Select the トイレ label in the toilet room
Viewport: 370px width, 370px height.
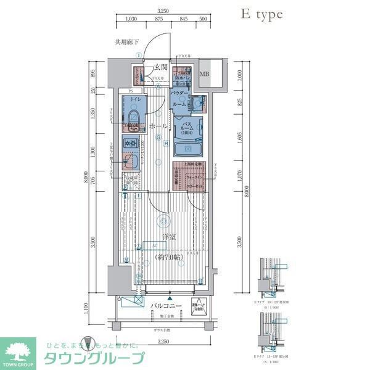click(x=136, y=99)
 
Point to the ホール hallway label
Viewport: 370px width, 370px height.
click(x=157, y=126)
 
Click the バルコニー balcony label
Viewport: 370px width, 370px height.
click(x=165, y=305)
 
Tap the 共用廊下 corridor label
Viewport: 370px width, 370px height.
click(x=127, y=43)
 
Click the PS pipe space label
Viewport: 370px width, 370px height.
click(x=130, y=91)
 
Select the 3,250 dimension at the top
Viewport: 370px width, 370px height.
click(x=163, y=10)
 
